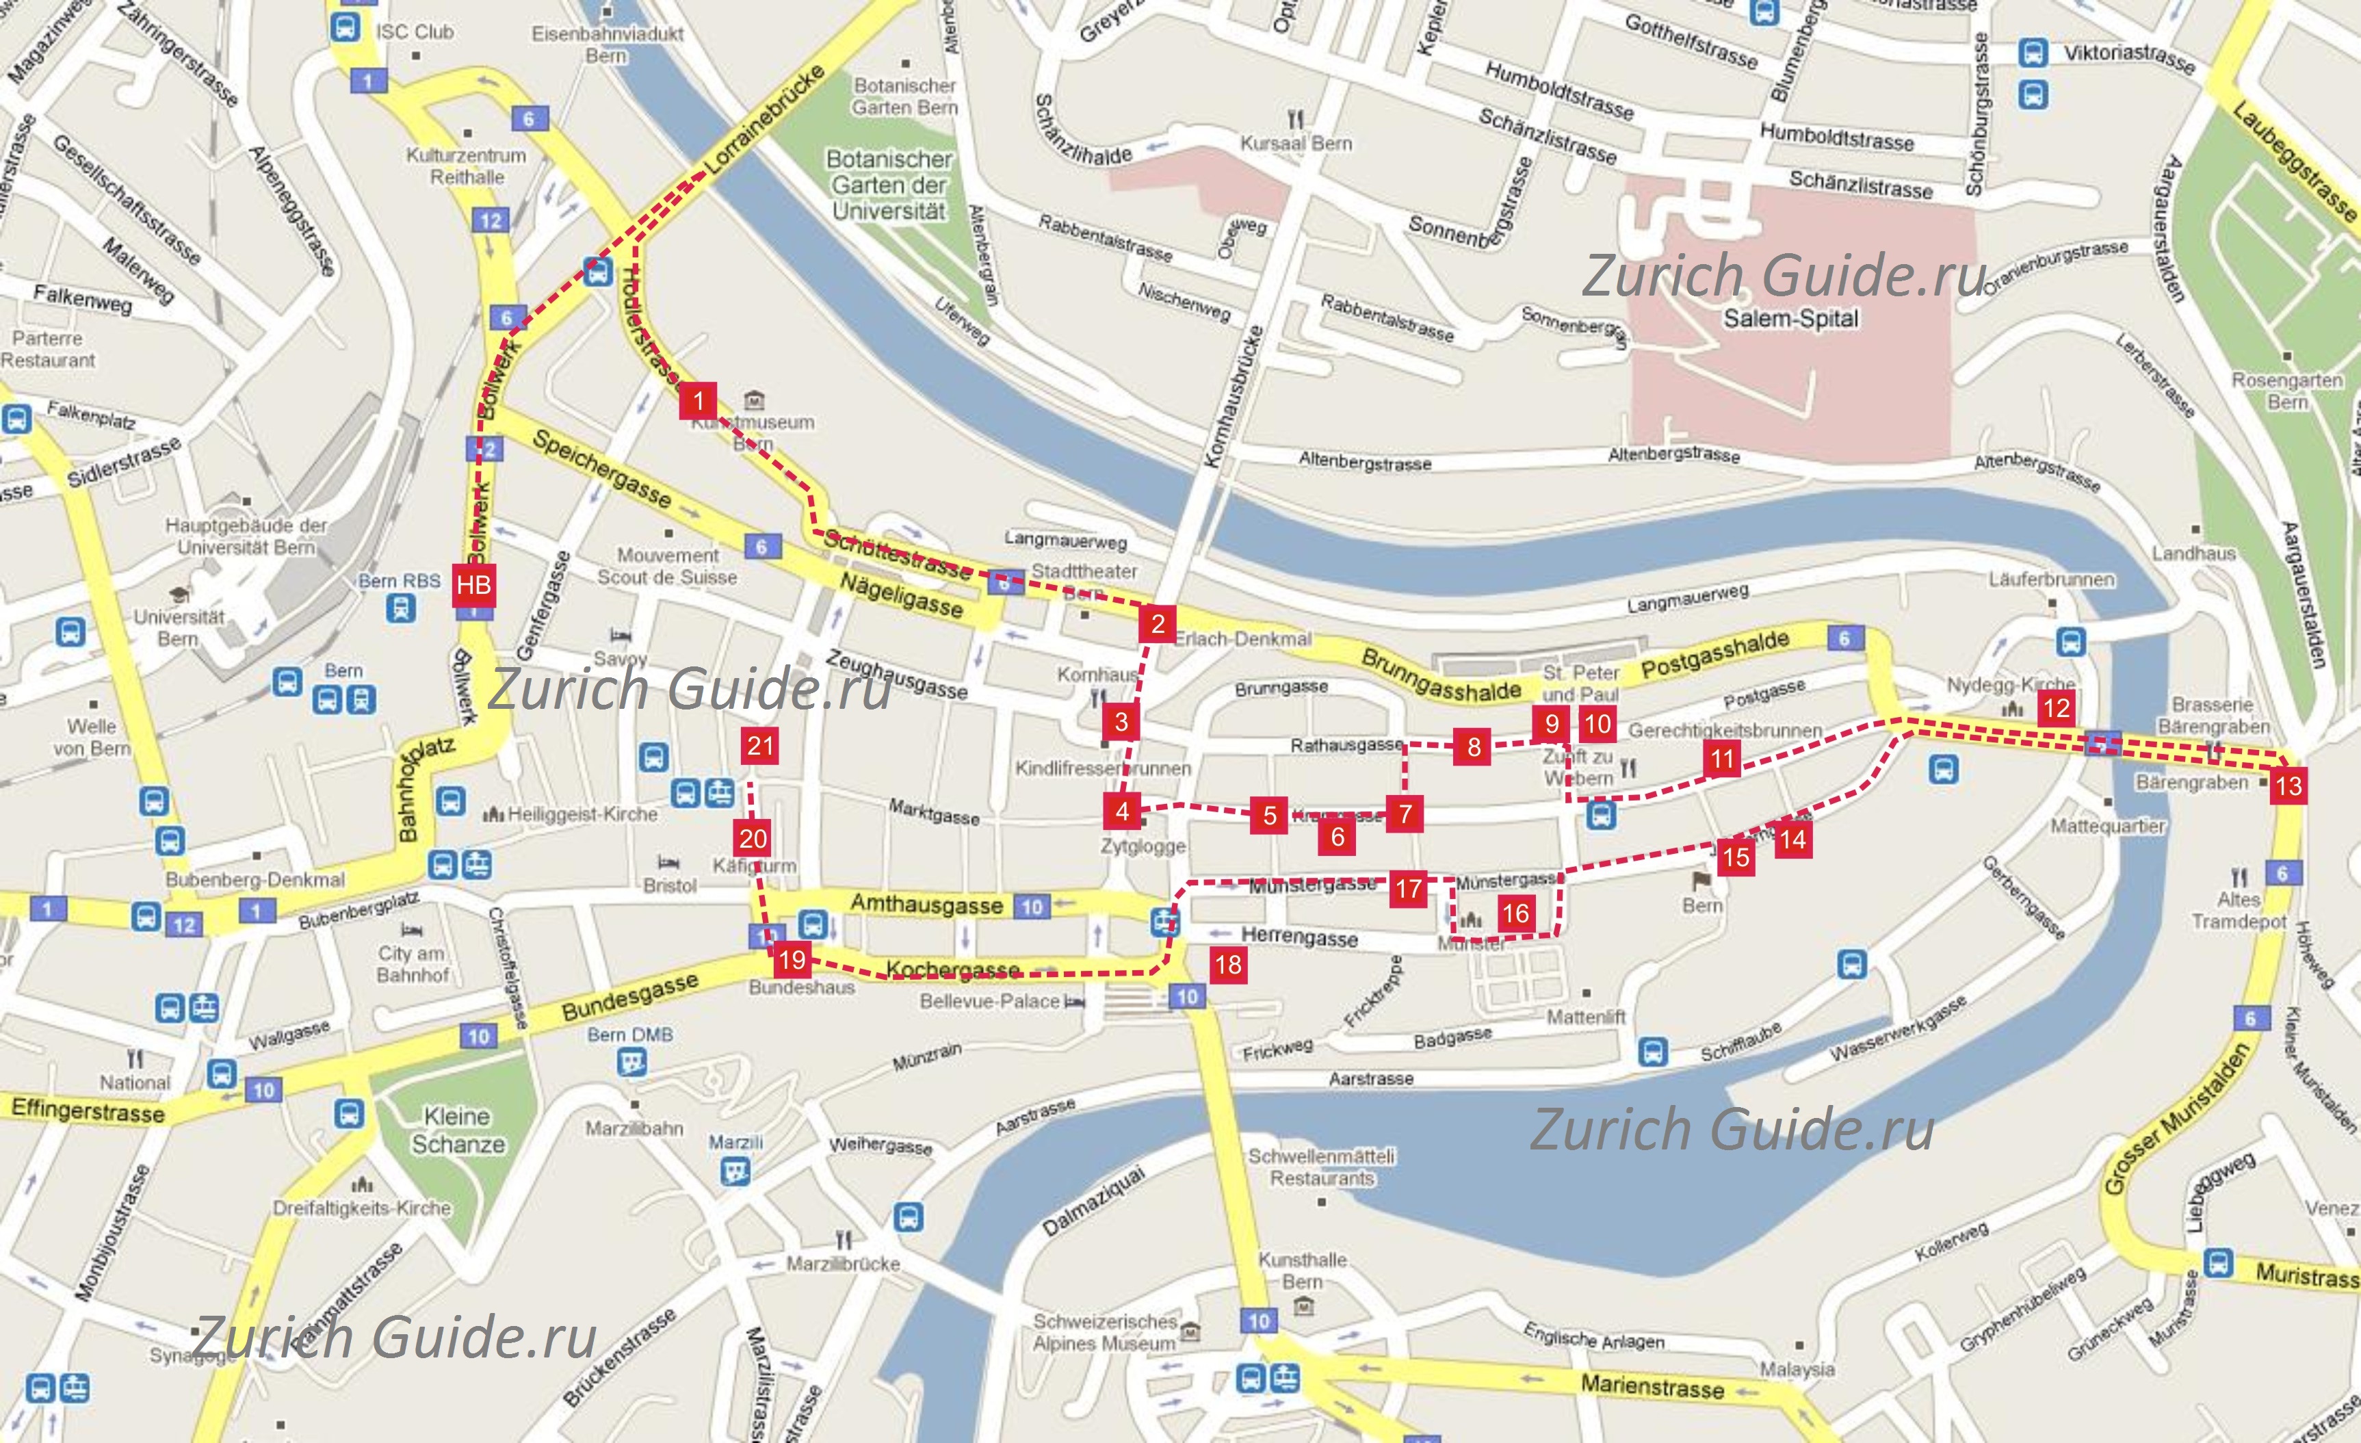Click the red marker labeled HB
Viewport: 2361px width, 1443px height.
(x=473, y=584)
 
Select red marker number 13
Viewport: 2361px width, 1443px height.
(x=2288, y=787)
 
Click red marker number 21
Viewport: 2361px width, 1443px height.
(x=760, y=746)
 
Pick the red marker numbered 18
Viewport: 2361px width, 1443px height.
(x=1229, y=964)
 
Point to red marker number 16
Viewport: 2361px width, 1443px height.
(x=1515, y=912)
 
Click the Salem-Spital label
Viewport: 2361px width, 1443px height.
(x=1790, y=318)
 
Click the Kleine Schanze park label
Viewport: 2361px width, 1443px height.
(x=457, y=1130)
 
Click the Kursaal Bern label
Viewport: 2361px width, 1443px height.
(x=1296, y=144)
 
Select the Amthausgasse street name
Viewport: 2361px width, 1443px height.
(x=926, y=904)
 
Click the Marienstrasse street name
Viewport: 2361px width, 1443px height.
(x=1652, y=1386)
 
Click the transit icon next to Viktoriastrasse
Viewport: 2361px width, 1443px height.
(x=2033, y=53)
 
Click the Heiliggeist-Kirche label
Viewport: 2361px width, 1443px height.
(x=582, y=814)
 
